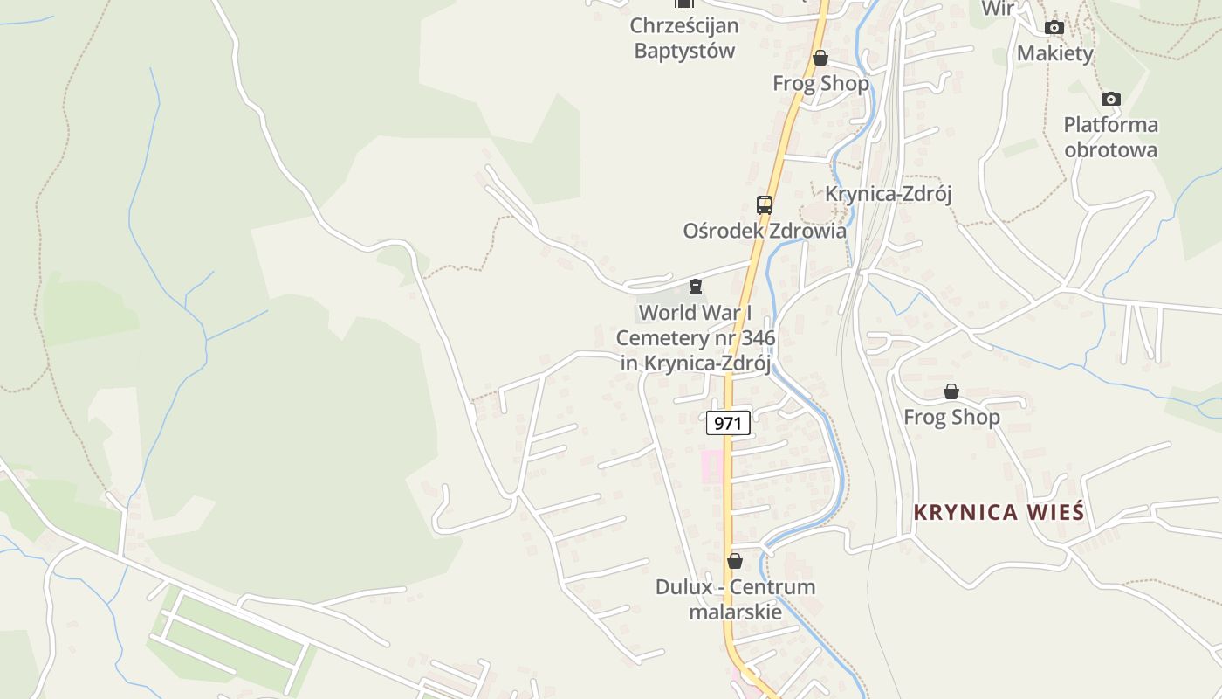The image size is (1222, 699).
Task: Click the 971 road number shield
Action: click(x=728, y=424)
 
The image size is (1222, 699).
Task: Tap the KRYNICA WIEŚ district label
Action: click(x=999, y=512)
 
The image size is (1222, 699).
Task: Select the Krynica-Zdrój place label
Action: click(x=888, y=194)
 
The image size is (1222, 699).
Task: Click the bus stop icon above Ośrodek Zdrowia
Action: click(x=765, y=205)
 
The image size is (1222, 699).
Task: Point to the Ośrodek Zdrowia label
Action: click(x=765, y=232)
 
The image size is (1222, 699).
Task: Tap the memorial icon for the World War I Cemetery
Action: click(x=696, y=287)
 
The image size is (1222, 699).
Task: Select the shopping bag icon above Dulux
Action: click(x=735, y=561)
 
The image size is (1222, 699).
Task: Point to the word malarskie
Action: click(x=735, y=612)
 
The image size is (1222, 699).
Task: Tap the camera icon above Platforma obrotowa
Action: click(x=1110, y=99)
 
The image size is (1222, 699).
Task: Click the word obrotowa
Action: click(x=1110, y=149)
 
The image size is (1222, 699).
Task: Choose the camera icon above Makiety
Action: click(x=1054, y=28)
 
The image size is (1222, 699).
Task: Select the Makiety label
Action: click(x=1054, y=53)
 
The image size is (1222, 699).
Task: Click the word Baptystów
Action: click(x=684, y=51)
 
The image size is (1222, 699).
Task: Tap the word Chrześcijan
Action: click(x=684, y=25)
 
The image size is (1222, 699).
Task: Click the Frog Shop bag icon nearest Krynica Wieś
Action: click(x=951, y=392)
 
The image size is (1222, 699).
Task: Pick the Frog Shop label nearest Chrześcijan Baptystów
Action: click(x=820, y=84)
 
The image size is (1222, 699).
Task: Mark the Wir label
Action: click(x=998, y=9)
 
